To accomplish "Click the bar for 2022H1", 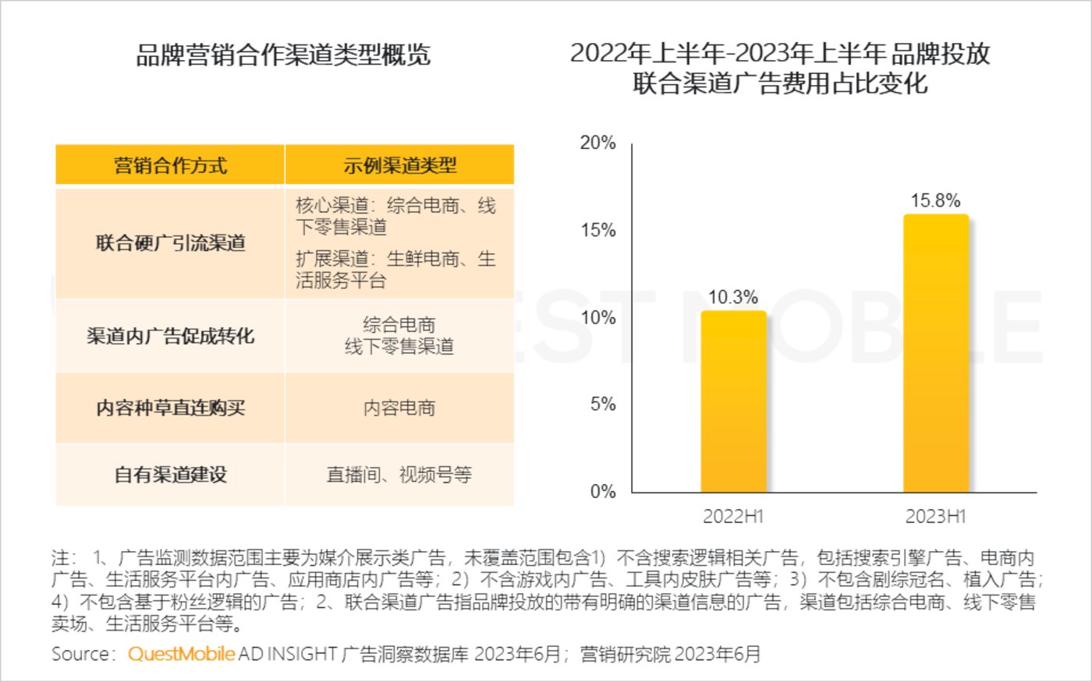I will [733, 401].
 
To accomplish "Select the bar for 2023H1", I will [935, 353].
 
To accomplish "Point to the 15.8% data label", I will [935, 201].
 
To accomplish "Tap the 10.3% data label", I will [733, 297].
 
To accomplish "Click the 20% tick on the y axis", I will [597, 143].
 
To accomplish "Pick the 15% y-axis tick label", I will [597, 230].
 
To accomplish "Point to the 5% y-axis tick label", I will [602, 404].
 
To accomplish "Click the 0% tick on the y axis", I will [602, 491].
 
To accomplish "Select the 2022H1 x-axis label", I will [733, 516].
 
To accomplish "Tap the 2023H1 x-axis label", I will [935, 516].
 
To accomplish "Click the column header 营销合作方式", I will [170, 165].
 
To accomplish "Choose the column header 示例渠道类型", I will [399, 165].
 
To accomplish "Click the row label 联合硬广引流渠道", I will [170, 243].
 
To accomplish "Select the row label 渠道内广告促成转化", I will [170, 336].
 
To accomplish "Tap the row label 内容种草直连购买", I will [170, 408].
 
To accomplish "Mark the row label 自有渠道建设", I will [170, 474].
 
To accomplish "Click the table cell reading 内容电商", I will [399, 408].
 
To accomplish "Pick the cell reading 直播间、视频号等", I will [399, 474].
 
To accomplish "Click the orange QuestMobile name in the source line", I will [181, 654].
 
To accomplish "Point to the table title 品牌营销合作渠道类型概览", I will [283, 55].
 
